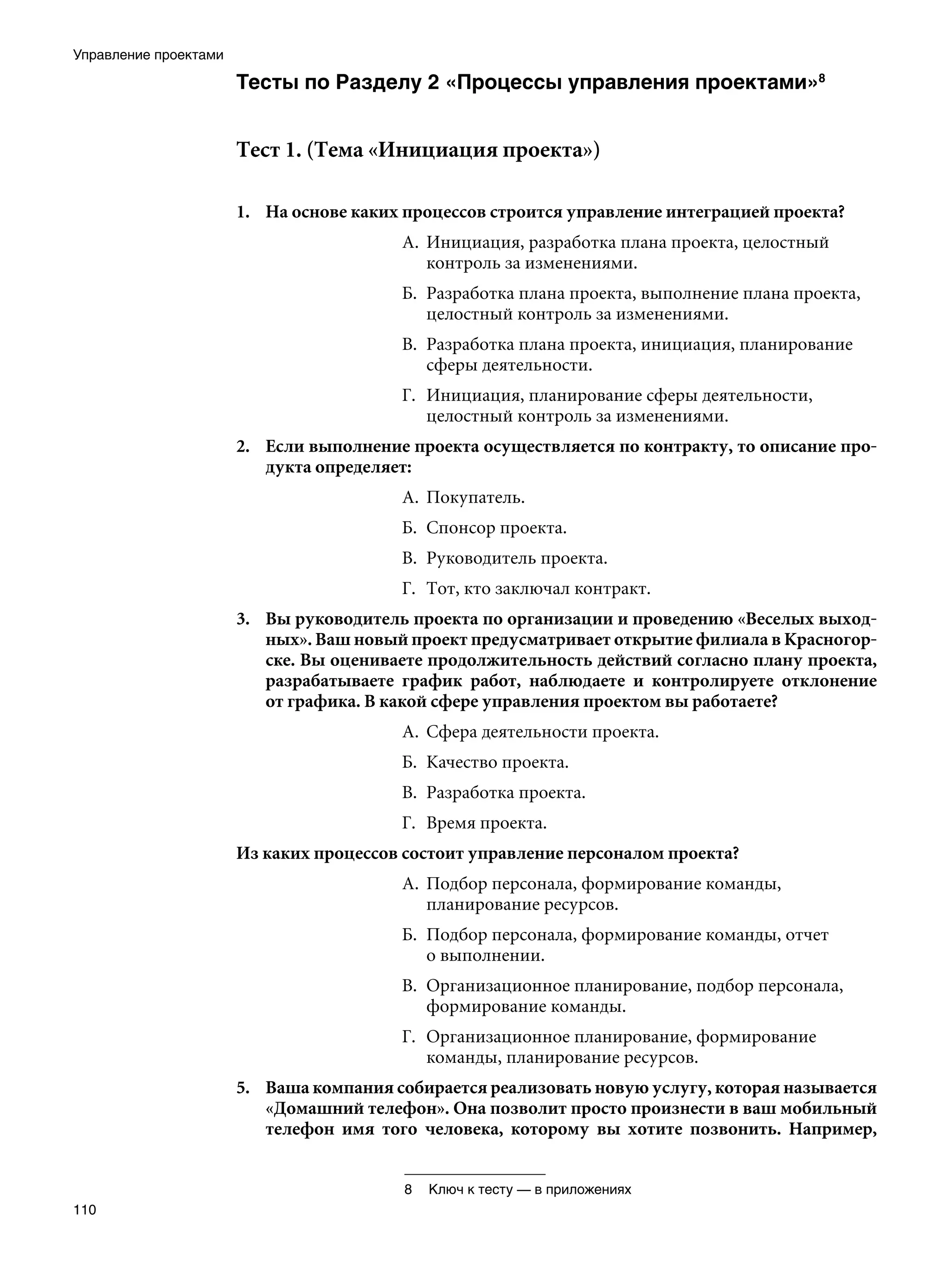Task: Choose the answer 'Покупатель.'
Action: (x=475, y=497)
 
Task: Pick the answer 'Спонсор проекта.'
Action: (x=496, y=528)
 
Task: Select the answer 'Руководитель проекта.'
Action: (x=516, y=558)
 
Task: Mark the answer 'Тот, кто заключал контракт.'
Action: (x=538, y=588)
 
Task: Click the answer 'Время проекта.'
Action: (x=486, y=823)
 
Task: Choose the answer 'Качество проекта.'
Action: (x=497, y=763)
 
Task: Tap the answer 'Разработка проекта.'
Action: (x=505, y=793)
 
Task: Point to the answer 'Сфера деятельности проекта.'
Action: (x=542, y=732)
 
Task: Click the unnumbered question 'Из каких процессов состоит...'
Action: (x=488, y=853)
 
